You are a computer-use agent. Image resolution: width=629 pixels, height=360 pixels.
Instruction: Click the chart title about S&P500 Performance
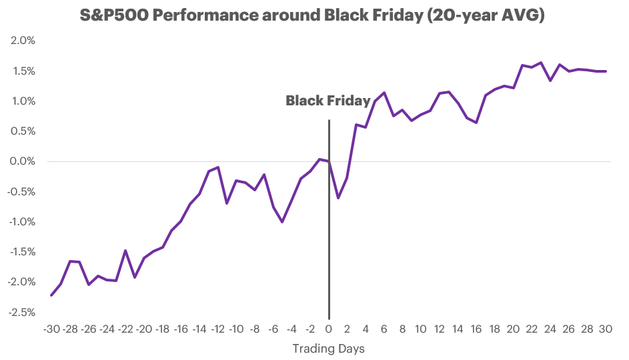coord(314,15)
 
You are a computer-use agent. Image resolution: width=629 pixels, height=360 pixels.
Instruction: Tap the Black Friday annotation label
coord(328,101)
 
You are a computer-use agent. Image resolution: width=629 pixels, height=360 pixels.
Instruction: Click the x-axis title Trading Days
coord(328,349)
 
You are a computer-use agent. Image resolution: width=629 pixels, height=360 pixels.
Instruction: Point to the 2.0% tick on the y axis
coord(23,41)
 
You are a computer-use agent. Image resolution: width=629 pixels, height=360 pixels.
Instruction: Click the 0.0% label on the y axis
coord(23,161)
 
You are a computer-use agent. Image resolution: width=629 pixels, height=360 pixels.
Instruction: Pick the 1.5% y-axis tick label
coord(23,71)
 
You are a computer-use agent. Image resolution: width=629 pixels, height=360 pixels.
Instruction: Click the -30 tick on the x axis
coord(51,329)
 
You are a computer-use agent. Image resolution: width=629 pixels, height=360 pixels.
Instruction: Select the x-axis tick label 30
coord(606,329)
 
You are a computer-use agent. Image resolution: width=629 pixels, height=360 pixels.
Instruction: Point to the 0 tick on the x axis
coord(329,329)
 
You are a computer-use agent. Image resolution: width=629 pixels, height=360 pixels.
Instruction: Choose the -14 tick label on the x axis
coord(199,329)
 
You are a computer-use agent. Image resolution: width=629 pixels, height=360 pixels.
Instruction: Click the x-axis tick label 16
coord(476,329)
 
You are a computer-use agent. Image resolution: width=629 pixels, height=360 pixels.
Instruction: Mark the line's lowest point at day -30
coord(51,295)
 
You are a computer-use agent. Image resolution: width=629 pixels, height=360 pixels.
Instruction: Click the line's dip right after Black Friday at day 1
coord(338,198)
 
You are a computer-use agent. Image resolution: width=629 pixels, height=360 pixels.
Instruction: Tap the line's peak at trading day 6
coord(384,93)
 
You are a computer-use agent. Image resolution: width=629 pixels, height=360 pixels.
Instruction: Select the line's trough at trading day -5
coord(283,222)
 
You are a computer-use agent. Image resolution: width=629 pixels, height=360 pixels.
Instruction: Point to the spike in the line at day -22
coord(125,251)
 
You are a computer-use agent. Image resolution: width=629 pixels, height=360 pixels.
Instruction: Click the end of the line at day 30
coord(606,71)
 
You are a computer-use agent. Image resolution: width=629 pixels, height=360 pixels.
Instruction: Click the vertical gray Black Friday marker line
coord(329,267)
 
